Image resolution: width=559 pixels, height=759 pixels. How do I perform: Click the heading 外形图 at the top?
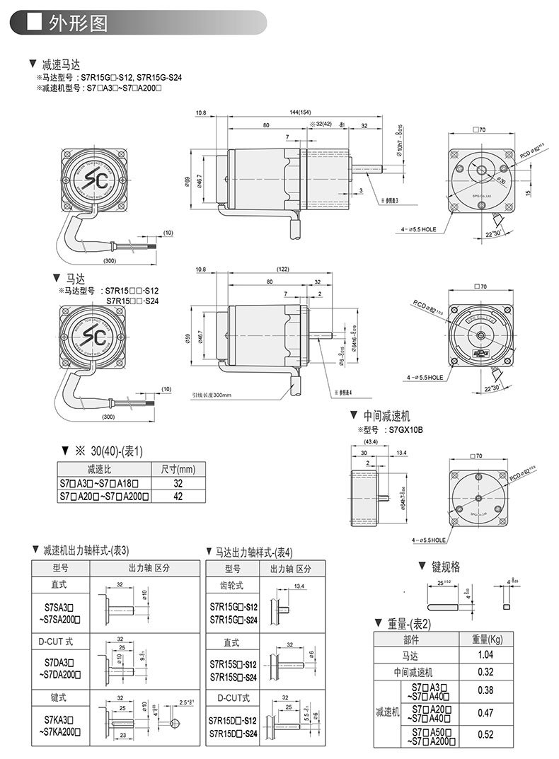pos(78,23)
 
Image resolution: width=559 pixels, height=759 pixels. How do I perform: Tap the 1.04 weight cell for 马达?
pos(485,654)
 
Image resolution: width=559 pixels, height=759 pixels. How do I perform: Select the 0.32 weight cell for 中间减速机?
pos(485,671)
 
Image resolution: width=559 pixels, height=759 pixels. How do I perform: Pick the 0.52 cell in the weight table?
pos(485,734)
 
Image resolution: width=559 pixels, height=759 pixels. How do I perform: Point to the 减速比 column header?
pos(105,470)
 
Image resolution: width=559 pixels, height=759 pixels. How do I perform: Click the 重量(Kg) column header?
pos(486,639)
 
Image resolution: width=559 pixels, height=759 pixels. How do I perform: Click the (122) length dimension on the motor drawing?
pos(283,270)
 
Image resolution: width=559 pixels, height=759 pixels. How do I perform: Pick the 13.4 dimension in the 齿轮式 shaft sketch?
pos(299,586)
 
